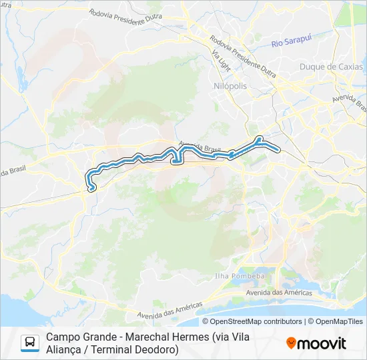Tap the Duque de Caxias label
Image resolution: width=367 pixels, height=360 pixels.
pos(331,67)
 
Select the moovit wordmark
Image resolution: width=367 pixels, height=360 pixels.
pos(321,343)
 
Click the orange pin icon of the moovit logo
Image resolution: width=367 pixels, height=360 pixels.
pos(291,343)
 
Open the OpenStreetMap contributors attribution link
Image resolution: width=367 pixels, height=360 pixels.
pos(256,321)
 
